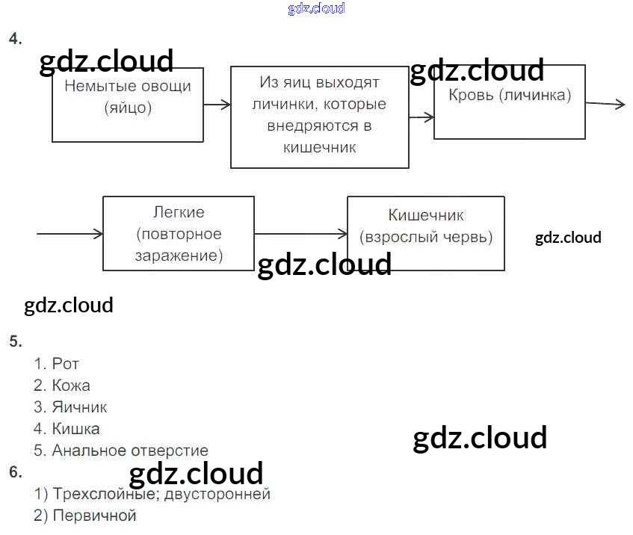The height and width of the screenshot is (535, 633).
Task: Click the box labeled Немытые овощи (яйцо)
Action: click(128, 105)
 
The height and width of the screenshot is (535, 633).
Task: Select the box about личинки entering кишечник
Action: click(319, 117)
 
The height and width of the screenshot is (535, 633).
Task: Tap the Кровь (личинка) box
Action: click(509, 102)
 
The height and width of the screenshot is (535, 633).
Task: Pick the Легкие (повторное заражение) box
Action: click(178, 233)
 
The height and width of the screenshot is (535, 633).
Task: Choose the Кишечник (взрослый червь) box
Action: click(425, 233)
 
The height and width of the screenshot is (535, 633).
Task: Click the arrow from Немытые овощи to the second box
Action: click(217, 105)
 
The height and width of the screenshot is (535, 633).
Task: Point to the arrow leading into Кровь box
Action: click(422, 117)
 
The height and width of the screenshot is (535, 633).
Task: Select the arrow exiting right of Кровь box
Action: click(605, 105)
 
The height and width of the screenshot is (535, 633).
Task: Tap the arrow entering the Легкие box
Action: click(70, 234)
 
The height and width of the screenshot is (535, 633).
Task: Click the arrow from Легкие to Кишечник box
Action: click(300, 234)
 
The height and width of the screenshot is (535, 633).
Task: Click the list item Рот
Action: click(65, 364)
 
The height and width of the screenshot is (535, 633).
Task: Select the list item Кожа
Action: click(71, 386)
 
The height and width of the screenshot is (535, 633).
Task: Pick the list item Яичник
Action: click(79, 407)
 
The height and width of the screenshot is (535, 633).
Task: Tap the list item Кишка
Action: click(75, 429)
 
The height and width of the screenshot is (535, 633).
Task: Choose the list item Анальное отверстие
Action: click(129, 451)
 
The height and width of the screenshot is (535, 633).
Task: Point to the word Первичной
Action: click(94, 516)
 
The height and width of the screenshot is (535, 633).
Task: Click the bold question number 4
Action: click(15, 40)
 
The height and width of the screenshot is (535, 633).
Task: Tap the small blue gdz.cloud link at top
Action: click(316, 9)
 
